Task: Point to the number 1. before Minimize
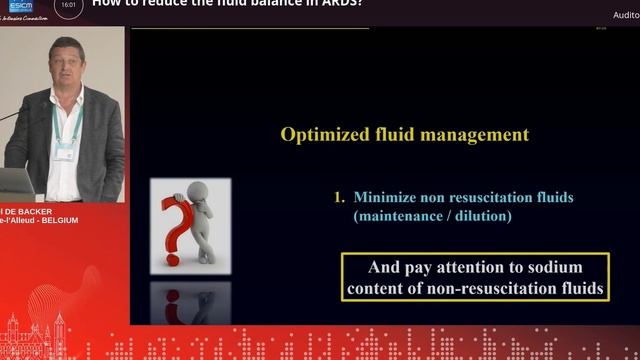point(339,198)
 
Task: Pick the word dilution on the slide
point(480,216)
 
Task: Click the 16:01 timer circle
point(69,5)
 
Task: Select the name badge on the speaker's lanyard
point(66,150)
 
